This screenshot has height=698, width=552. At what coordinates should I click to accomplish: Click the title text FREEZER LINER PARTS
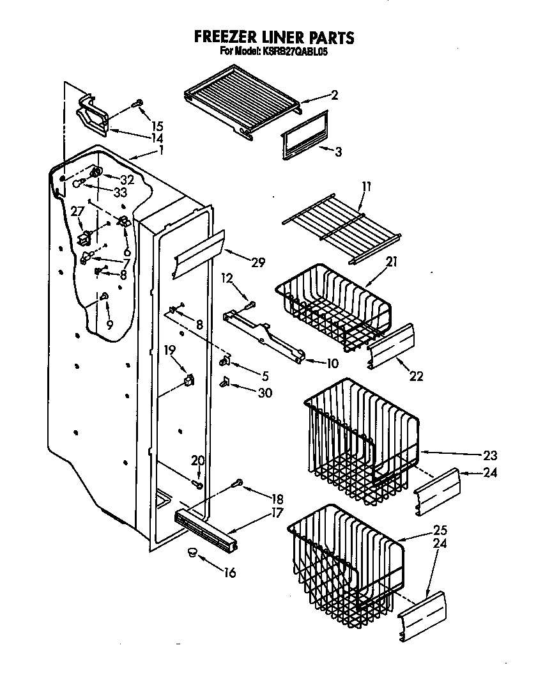coord(273,37)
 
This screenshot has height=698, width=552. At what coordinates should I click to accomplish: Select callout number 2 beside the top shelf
coord(334,95)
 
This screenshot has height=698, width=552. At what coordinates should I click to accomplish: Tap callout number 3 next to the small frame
coord(338,151)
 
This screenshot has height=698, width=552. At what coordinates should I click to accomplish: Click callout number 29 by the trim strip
coord(257,262)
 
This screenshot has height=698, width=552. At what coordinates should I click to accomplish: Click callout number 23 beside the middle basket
coord(490,456)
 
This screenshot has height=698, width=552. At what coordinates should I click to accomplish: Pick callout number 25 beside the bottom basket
coord(440,530)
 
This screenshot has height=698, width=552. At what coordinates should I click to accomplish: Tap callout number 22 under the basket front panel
coord(416,376)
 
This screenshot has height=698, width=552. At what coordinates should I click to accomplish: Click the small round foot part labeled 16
coord(191,552)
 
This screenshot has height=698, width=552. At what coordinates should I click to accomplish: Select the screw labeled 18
coord(238,483)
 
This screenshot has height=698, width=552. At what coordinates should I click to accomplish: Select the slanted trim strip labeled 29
coord(198,254)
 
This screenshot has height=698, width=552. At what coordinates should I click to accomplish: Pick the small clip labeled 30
coord(225,382)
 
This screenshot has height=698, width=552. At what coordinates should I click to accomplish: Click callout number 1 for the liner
coord(162,150)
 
